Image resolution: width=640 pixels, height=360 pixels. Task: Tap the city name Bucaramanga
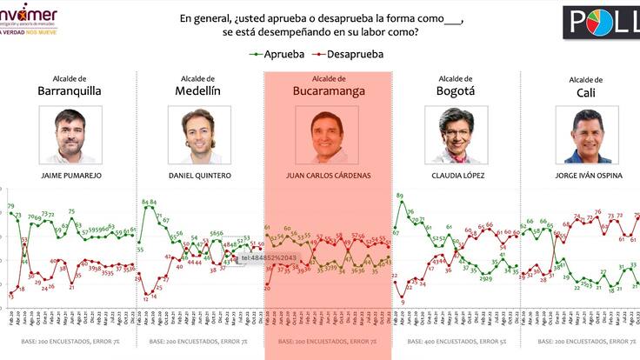click(328, 90)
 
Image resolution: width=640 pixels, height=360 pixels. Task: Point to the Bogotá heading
click(459, 90)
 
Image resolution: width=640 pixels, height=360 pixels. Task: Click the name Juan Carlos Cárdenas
click(328, 176)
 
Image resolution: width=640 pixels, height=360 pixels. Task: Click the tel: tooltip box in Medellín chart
click(269, 258)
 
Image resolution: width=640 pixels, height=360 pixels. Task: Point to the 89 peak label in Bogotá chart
click(399, 197)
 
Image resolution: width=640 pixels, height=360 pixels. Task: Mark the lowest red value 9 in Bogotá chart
click(403, 303)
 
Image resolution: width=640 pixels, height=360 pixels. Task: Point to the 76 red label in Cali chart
click(597, 212)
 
